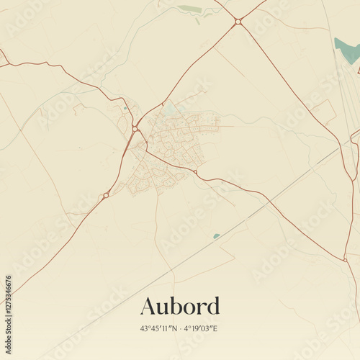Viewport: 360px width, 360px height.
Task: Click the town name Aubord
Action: [180, 306]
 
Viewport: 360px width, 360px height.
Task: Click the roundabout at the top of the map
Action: [238, 22]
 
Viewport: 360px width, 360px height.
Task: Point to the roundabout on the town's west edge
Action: [135, 129]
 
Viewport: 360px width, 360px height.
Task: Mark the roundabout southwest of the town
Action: [106, 195]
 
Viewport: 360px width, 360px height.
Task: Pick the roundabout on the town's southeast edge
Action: [195, 172]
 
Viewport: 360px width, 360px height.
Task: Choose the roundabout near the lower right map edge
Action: [345, 260]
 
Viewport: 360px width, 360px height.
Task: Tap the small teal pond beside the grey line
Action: [216, 235]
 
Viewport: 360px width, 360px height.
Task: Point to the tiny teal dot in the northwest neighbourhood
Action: [125, 108]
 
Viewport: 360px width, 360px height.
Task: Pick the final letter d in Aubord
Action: [212, 306]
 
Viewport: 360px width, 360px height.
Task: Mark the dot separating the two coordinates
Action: [180, 328]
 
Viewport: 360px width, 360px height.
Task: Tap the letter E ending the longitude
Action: [216, 328]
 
